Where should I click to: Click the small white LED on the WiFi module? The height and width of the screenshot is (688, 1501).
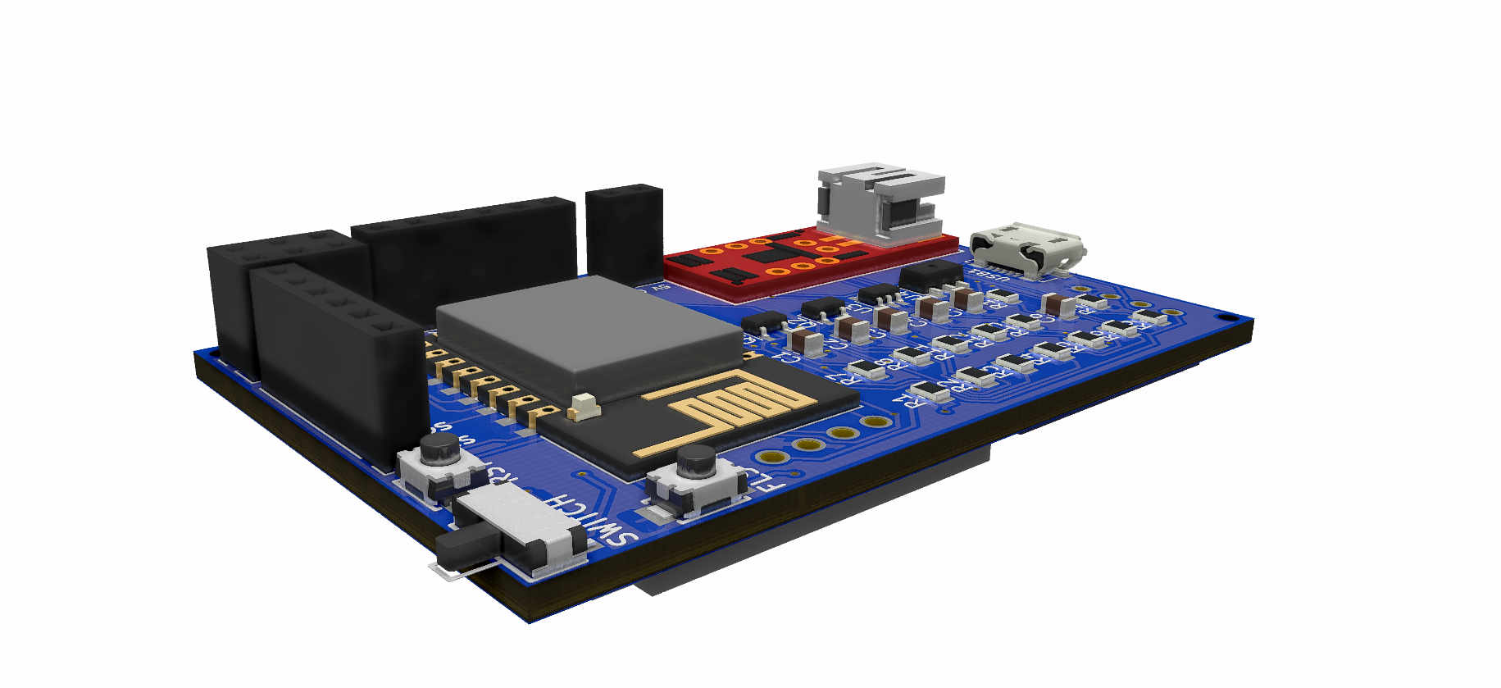point(584,405)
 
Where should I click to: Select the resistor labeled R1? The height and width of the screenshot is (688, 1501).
point(928,389)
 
